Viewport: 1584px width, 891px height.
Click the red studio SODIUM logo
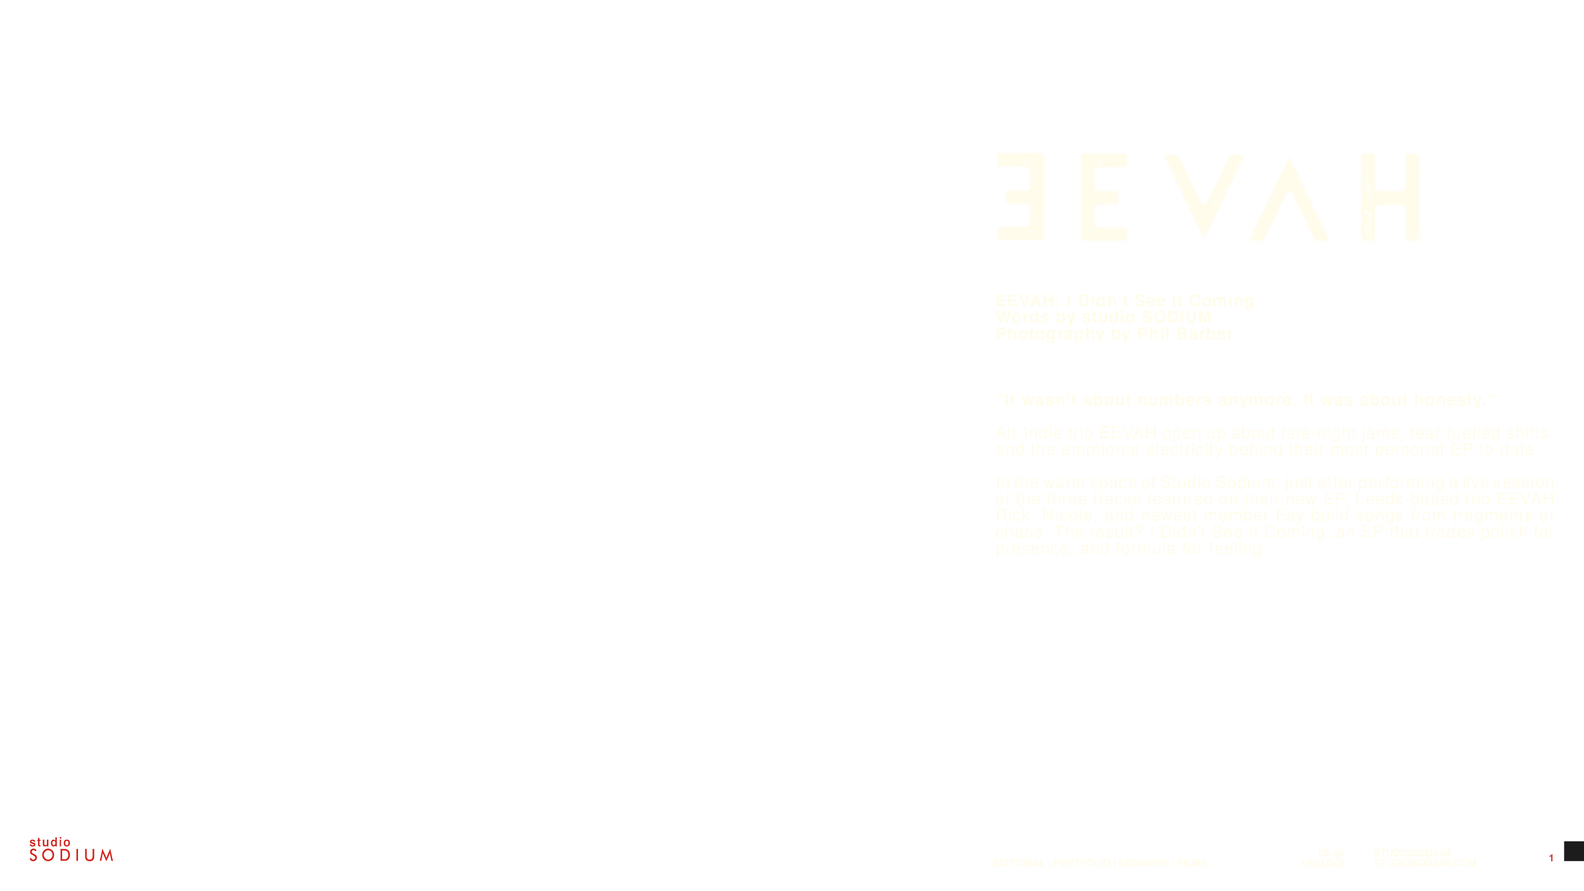coord(71,850)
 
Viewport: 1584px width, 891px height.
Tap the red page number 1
coord(1551,859)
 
